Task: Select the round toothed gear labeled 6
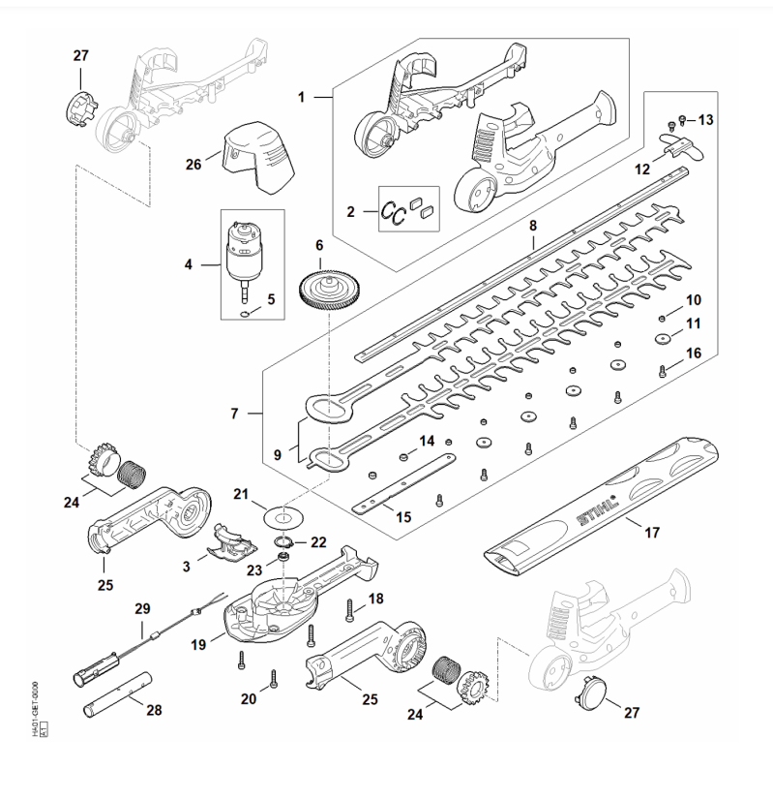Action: pyautogui.click(x=326, y=290)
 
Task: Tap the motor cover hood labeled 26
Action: pyautogui.click(x=259, y=160)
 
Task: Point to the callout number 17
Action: pyautogui.click(x=652, y=533)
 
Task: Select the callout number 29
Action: pyautogui.click(x=142, y=608)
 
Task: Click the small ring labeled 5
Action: pyautogui.click(x=245, y=314)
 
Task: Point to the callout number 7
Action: pyautogui.click(x=234, y=414)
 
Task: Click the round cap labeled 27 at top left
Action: pyautogui.click(x=79, y=109)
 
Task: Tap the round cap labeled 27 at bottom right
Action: pyautogui.click(x=593, y=693)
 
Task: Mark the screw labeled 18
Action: pyautogui.click(x=350, y=611)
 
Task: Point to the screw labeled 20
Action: pyautogui.click(x=274, y=679)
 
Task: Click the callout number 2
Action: pyautogui.click(x=350, y=211)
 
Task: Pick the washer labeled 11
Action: pyautogui.click(x=662, y=339)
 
